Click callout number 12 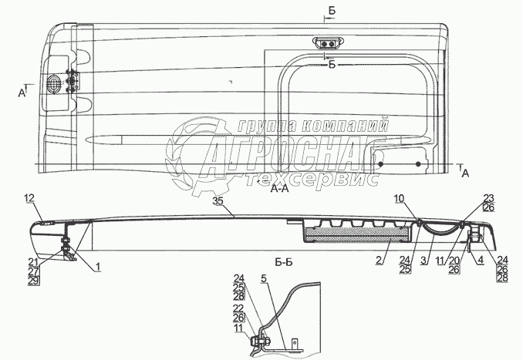coord(29,199)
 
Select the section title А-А coord(281,197)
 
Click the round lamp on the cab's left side coord(55,82)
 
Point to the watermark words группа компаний coord(312,126)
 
